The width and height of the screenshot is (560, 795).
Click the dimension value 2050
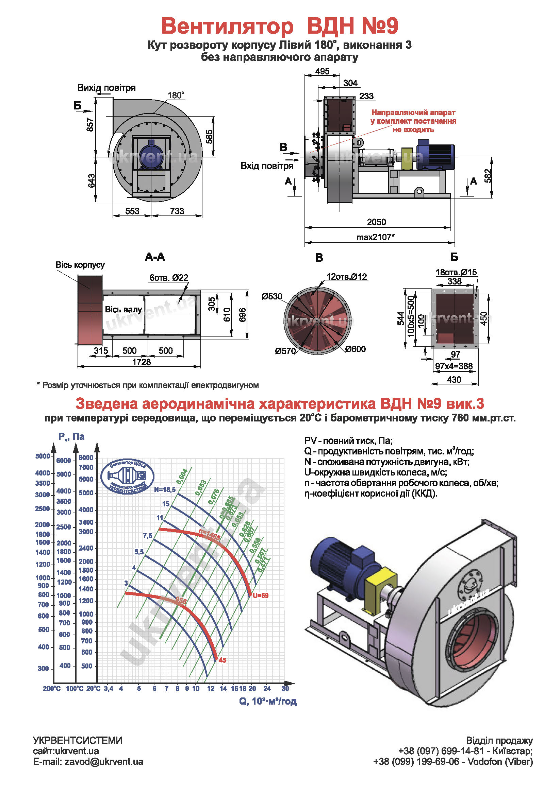(x=376, y=222)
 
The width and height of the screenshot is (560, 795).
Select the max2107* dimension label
(x=375, y=237)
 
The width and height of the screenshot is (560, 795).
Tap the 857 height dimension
(x=90, y=125)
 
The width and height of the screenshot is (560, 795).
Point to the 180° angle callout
(x=176, y=95)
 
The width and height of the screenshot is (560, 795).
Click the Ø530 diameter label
(x=272, y=296)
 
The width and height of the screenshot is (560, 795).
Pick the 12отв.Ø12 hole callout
(x=347, y=277)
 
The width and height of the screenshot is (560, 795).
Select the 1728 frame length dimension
(x=142, y=362)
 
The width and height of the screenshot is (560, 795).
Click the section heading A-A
(x=155, y=257)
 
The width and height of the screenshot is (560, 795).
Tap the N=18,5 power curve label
(x=165, y=489)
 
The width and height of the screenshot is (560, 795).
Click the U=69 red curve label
(x=261, y=595)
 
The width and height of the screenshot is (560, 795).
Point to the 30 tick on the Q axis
(x=285, y=688)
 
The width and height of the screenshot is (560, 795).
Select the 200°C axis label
(x=52, y=689)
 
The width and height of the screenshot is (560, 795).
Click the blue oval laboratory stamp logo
(x=127, y=477)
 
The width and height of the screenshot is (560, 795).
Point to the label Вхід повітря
(x=267, y=166)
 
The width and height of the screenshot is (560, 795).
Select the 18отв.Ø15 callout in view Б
(x=456, y=272)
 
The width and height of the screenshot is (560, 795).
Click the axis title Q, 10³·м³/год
(x=267, y=701)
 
